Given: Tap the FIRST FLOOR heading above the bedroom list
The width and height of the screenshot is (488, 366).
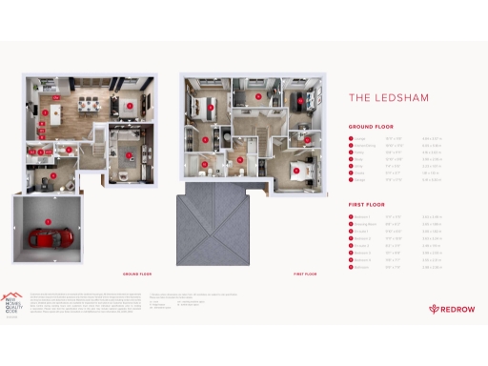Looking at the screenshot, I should (367, 203).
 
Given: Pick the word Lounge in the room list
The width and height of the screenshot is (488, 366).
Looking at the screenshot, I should (360, 139).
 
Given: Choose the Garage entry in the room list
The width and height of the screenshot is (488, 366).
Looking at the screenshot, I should (359, 179).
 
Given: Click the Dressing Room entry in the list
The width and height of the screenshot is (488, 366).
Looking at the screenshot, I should (366, 223).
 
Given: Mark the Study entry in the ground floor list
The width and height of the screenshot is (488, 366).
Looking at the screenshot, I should (358, 159).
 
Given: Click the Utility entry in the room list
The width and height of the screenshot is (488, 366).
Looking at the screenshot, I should (359, 166).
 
